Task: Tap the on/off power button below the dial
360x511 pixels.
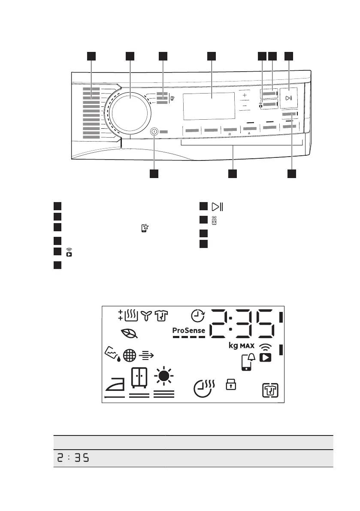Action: point(154,132)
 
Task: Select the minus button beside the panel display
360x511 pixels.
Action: point(245,106)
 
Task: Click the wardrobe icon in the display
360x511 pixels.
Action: point(139,378)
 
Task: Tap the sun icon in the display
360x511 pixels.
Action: point(163,377)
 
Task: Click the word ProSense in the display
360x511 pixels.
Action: point(189,330)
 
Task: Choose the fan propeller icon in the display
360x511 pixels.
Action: point(146,316)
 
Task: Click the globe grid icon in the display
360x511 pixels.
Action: point(129,355)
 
